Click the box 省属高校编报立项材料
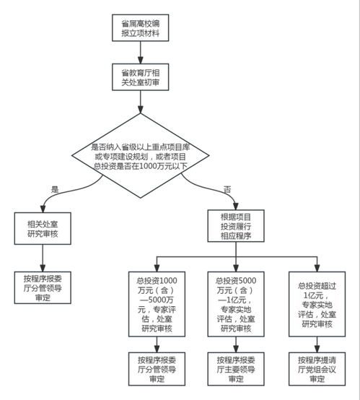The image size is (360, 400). pos(141,28)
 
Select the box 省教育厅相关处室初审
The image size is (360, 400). pos(141,77)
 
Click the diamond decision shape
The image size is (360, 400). pos(141,155)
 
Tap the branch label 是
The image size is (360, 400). pos(55,189)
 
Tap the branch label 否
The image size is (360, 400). pos(227,189)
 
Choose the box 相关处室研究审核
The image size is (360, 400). pos(43,229)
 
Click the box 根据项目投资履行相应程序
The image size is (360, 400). pos(236,226)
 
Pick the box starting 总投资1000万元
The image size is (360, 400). pos(157,304)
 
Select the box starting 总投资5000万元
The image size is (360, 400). pos(236,304)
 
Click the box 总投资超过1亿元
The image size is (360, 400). pos(317,304)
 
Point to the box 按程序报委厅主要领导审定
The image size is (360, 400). pos(236,369)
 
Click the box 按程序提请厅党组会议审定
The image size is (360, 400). pos(317,369)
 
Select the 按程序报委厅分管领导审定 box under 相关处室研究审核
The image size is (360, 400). pos(43,288)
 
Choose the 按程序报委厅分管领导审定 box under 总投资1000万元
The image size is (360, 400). pos(157,369)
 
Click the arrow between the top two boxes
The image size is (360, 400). pos(141,52)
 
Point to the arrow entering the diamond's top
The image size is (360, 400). pos(141,102)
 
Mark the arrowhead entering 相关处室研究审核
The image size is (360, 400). pos(43,209)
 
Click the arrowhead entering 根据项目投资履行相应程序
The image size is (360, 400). pos(236,206)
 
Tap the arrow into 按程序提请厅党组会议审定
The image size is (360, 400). pos(317,344)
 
